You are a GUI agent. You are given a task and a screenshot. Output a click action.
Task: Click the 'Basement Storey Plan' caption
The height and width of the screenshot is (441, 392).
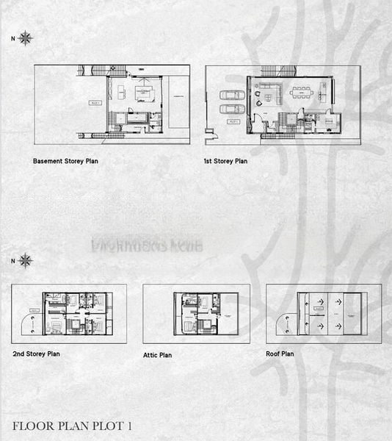pyautogui.click(x=65, y=160)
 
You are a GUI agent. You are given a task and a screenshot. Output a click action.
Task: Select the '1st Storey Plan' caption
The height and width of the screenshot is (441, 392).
pyautogui.click(x=225, y=160)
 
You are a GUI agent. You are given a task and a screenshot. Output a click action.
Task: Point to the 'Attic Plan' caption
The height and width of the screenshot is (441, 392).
pyautogui.click(x=158, y=355)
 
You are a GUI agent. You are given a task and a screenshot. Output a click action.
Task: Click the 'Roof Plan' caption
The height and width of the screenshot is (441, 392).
pyautogui.click(x=280, y=354)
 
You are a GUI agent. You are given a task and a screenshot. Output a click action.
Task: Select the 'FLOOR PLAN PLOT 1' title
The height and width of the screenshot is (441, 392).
pyautogui.click(x=73, y=426)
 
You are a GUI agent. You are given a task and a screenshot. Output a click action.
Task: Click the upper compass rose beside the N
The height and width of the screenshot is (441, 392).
pyautogui.click(x=26, y=38)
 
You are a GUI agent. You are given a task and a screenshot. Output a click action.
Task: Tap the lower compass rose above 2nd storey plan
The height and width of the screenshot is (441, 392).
pyautogui.click(x=26, y=260)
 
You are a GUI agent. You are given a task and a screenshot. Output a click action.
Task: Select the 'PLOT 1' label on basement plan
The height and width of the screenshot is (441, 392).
pyautogui.click(x=95, y=103)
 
